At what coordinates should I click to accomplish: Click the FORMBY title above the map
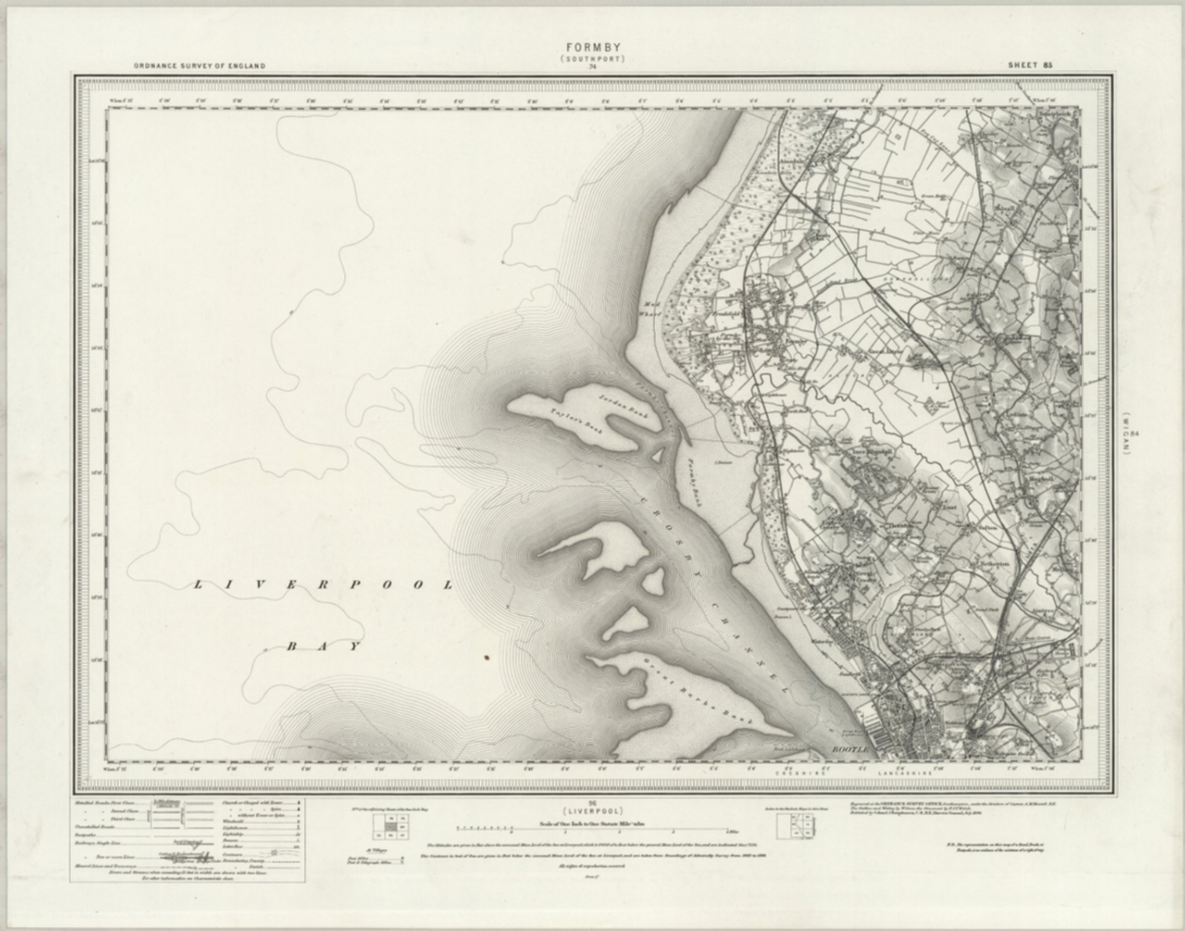(592, 48)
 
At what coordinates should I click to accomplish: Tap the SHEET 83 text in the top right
(1030, 66)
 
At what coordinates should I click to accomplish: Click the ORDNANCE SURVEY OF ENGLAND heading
(199, 66)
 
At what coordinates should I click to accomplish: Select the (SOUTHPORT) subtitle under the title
(592, 59)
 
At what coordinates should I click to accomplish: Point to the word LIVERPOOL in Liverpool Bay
(322, 585)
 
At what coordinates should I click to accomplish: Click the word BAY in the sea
(323, 646)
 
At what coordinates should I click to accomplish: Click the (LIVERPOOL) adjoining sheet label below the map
(592, 812)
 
